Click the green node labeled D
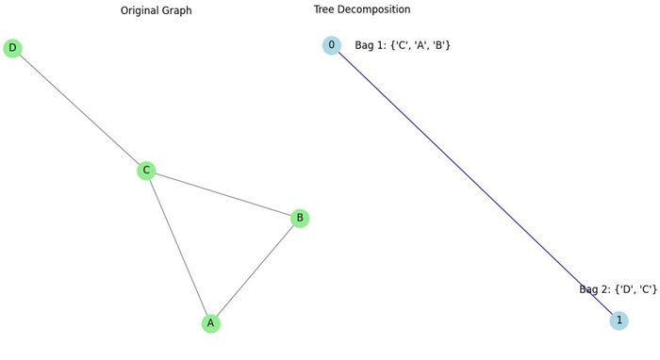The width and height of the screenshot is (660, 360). [12, 48]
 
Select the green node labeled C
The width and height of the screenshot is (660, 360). [146, 171]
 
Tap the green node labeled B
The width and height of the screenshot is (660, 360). [300, 218]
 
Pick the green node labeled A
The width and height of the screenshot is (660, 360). [211, 323]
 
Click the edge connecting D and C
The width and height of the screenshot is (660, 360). [79, 109]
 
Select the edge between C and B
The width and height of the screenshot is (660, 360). [223, 194]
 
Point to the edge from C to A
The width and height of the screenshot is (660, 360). [178, 247]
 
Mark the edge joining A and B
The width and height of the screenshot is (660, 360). [256, 270]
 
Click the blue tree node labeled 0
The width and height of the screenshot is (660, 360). [331, 45]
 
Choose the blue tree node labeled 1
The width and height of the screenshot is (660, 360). [619, 320]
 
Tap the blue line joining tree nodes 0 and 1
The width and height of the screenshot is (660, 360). [474, 183]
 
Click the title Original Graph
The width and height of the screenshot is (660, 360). [183, 10]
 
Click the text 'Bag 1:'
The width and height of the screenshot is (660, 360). [371, 45]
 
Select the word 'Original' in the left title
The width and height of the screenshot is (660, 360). [166, 10]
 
